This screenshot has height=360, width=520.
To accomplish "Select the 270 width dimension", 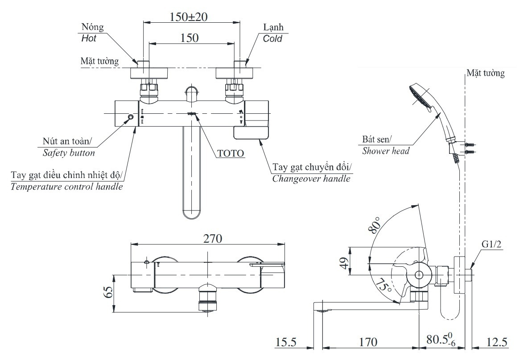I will [x=207, y=239].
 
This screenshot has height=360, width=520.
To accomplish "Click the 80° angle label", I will [x=375, y=225].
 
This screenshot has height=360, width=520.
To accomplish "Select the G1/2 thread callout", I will [x=492, y=244].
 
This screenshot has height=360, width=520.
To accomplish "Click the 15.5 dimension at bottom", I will [x=286, y=343].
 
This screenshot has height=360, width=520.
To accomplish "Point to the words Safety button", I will [x=69, y=153].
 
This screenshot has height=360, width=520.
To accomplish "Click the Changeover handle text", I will [x=311, y=179].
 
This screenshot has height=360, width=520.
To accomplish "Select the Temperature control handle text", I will [x=66, y=186].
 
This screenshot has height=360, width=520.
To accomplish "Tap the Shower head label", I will [x=386, y=151].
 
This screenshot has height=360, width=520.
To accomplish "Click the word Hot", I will [x=89, y=38].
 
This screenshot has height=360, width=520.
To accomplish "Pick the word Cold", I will [x=272, y=39].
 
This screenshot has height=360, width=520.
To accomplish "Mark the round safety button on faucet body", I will [x=130, y=117].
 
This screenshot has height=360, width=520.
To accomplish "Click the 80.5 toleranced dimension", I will [x=441, y=342].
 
